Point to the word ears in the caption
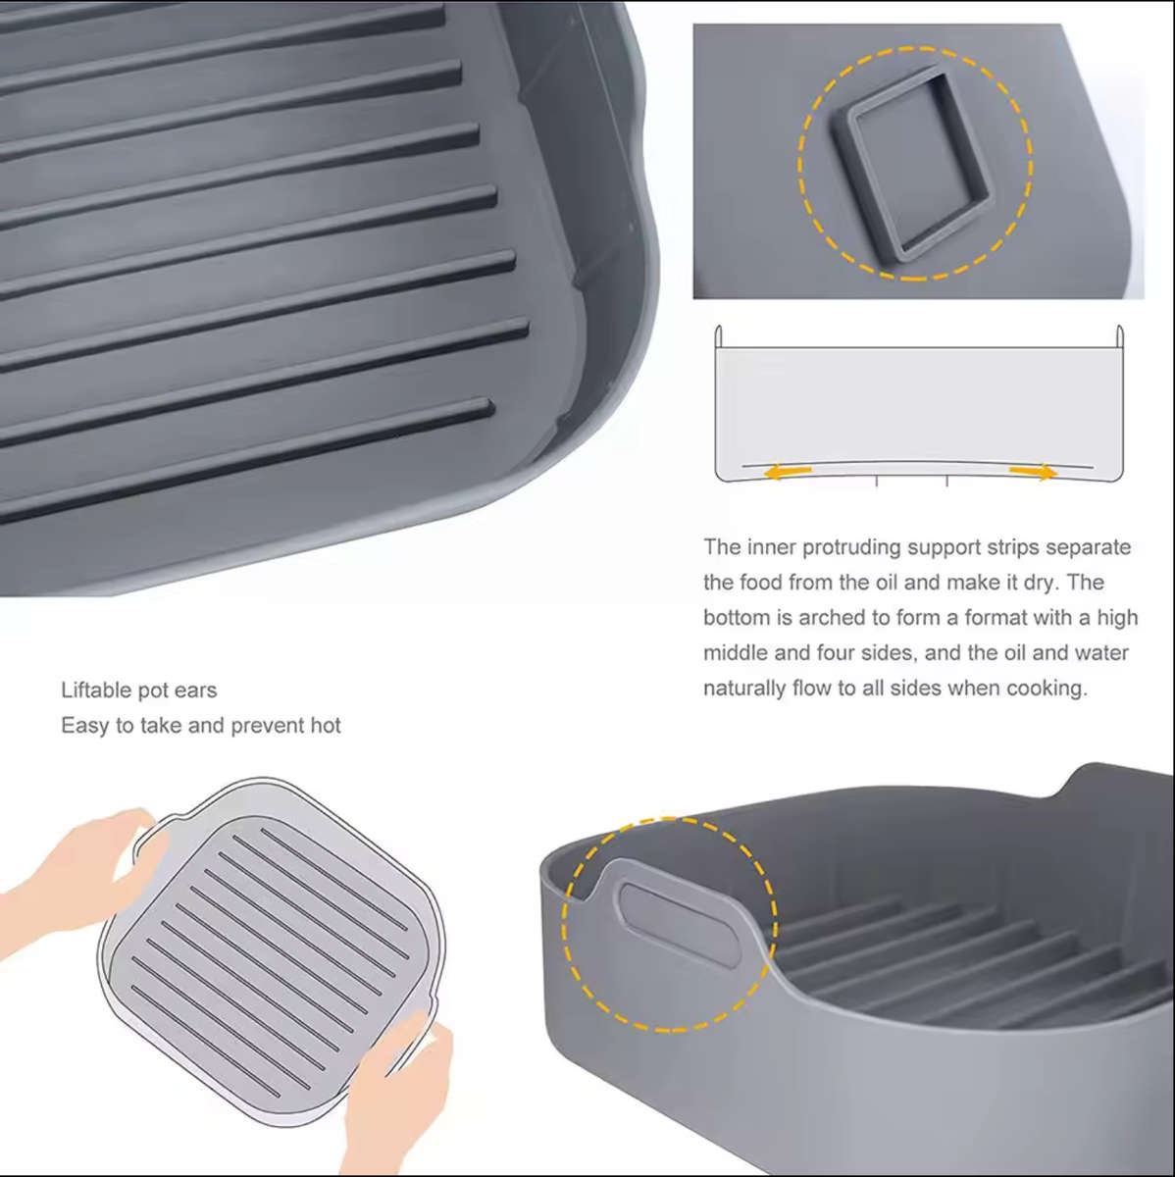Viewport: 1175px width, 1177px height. click(195, 691)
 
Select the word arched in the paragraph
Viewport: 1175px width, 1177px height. click(835, 618)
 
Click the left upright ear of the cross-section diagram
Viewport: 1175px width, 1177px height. click(718, 336)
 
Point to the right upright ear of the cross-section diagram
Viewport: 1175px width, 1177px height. click(1119, 336)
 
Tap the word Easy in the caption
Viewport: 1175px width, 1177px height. click(84, 726)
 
